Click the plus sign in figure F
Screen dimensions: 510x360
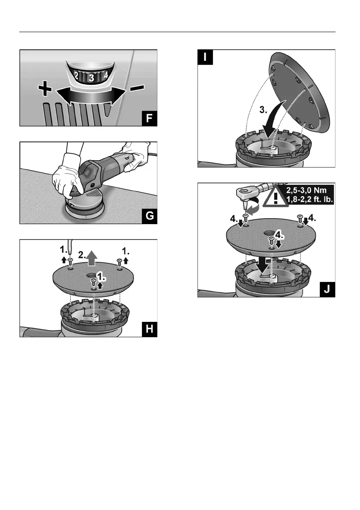[x=45, y=90]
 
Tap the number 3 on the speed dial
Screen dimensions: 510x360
[x=91, y=78]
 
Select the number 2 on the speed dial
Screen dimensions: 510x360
[x=76, y=76]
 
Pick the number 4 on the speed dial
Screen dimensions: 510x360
[x=105, y=77]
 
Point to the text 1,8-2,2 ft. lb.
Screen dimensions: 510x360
[x=309, y=202]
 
